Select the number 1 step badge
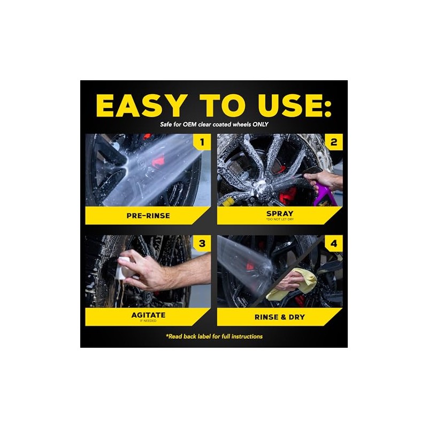(202, 142)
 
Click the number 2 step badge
(333, 142)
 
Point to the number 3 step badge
(202, 243)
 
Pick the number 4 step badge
(333, 243)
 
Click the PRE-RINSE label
(148, 216)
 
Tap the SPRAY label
(280, 213)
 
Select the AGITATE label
(148, 315)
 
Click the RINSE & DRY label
(280, 317)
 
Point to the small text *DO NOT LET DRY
(280, 219)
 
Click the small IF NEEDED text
(148, 320)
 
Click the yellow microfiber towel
(292, 285)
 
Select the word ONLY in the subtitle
(261, 125)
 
